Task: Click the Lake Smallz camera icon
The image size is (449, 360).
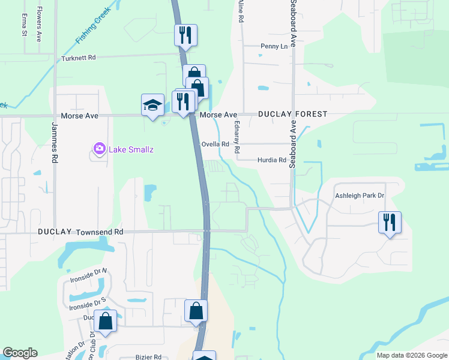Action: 100,148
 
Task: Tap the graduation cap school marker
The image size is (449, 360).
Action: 152,105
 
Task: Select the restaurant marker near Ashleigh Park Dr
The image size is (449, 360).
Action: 390,223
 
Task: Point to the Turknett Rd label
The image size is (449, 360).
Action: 79,59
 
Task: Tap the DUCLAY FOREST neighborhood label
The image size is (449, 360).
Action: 293,114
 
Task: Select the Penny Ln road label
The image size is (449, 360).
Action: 274,46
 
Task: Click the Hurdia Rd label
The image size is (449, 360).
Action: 272,160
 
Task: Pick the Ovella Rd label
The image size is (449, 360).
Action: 215,144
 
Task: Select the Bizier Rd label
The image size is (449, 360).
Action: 148,356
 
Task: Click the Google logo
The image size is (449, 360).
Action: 20,353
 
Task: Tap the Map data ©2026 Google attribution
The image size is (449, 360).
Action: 411,355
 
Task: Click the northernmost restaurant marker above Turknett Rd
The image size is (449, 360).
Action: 186,35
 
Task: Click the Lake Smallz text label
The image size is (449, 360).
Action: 131,149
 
